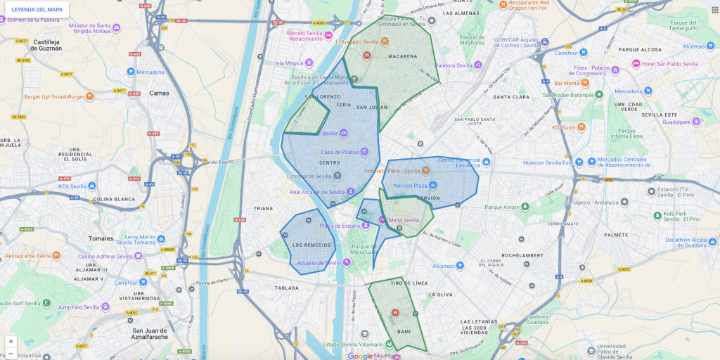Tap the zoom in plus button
coord(11,342)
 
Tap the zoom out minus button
coord(11,353)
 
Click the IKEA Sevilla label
coord(72,186)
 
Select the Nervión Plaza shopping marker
coord(433,186)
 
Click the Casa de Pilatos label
coord(340,152)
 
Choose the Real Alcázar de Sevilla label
coord(317,191)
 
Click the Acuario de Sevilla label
coord(319,262)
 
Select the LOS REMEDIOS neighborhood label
coord(311,245)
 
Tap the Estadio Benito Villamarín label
coord(353,345)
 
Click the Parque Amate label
coord(502,207)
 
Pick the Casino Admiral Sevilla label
coord(105,256)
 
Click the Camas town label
coord(160,93)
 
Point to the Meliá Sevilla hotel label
coord(404,220)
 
